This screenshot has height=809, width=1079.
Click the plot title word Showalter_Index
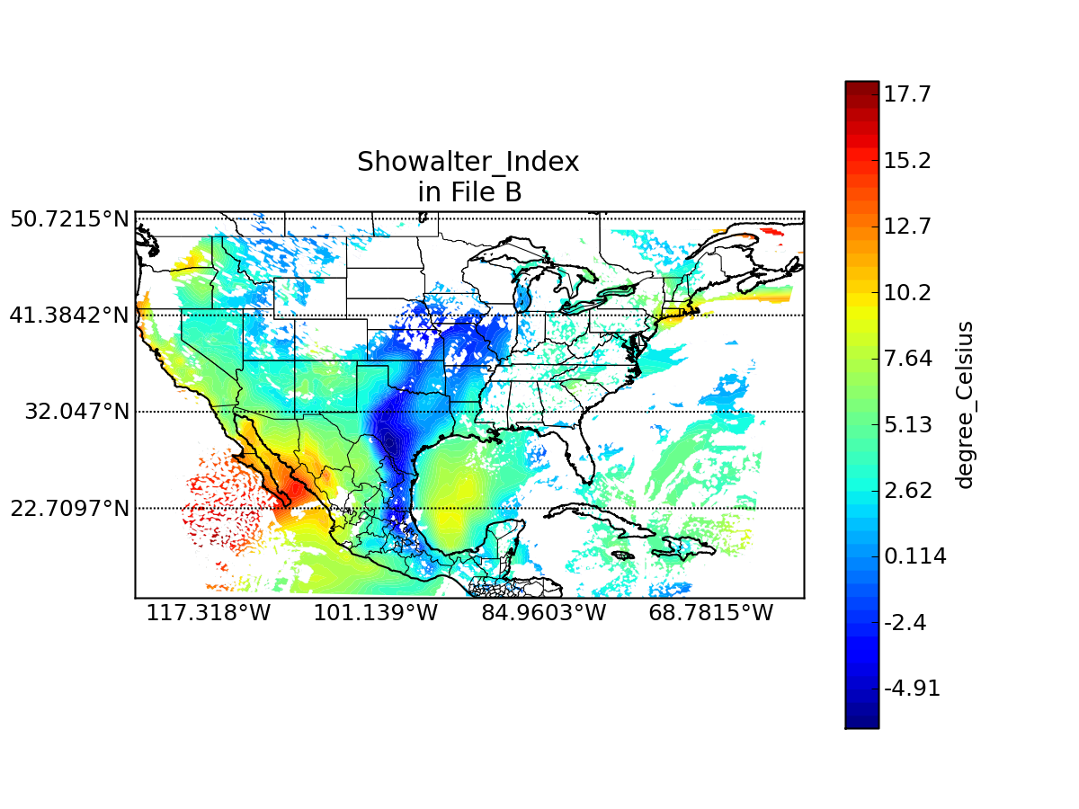point(468,162)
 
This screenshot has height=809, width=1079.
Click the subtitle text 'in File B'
point(469,191)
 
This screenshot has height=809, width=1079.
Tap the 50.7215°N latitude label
point(69,218)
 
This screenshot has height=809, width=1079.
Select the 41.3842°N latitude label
point(69,316)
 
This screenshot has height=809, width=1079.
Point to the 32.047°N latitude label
point(77,412)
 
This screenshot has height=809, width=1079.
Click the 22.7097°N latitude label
point(69,509)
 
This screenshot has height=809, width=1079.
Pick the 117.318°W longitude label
point(209,613)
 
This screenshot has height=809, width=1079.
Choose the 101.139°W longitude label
point(376,613)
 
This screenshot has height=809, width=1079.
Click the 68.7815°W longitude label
point(711,613)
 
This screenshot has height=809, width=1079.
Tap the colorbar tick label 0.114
point(914,556)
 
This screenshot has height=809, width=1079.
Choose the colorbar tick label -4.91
point(912,689)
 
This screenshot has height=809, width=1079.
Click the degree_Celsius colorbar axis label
point(965,404)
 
